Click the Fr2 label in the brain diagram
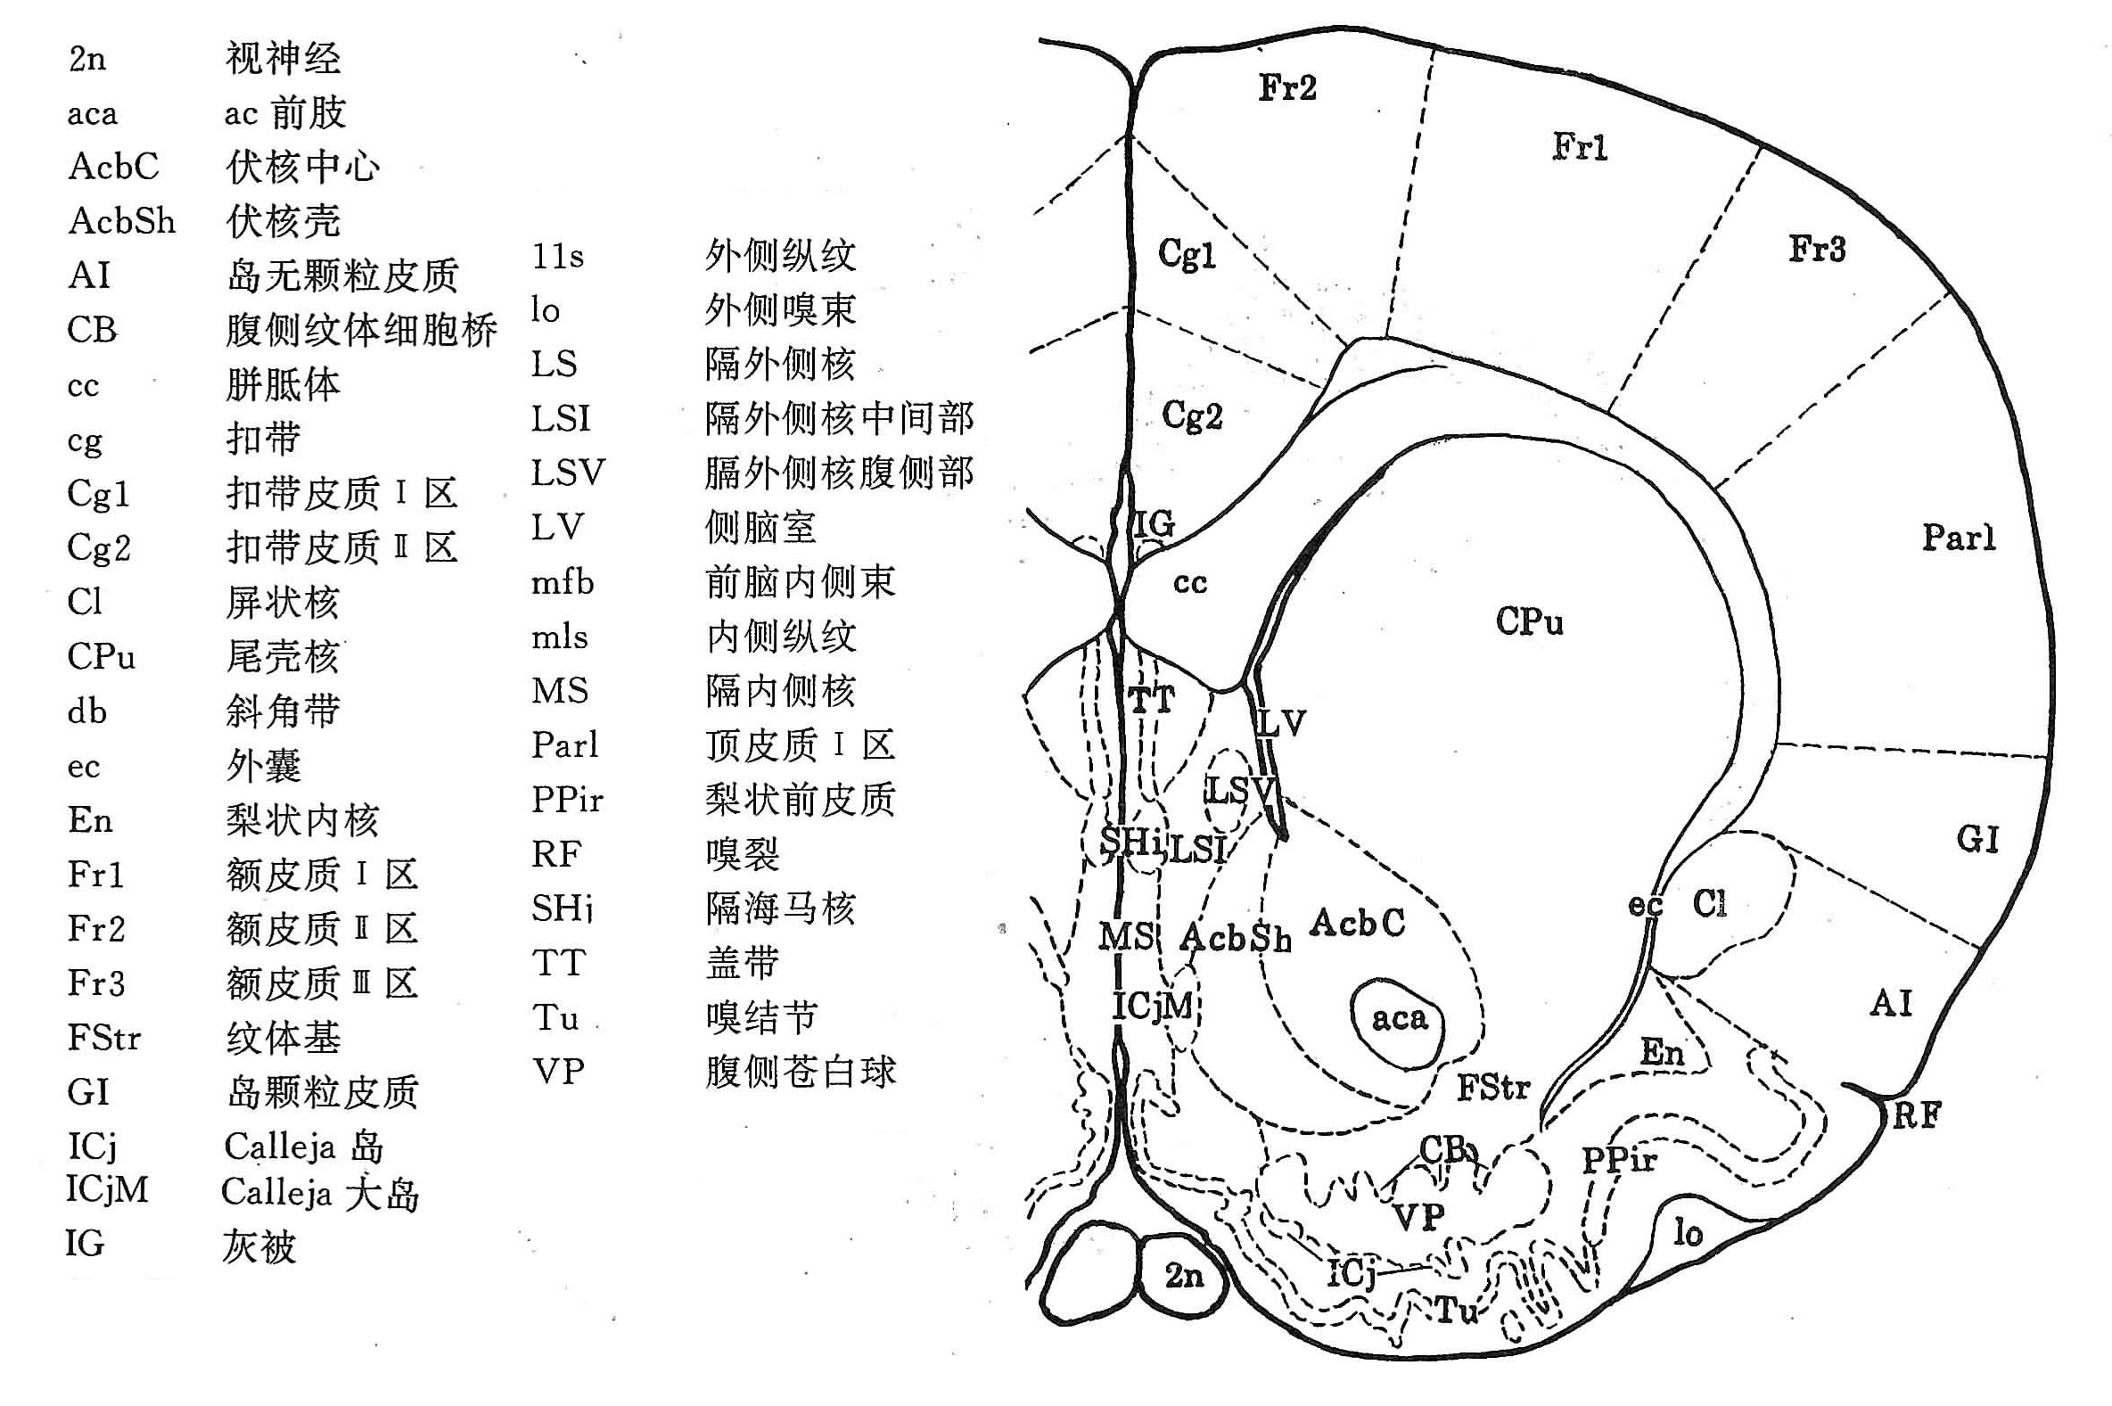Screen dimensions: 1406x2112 coord(1287,88)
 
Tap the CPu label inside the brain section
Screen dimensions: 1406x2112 coord(1529,621)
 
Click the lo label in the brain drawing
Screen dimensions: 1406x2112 coord(1688,1233)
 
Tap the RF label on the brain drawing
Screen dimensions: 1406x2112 coord(1916,1115)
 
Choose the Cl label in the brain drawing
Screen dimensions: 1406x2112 coord(1710,903)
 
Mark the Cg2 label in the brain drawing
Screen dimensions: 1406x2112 coord(1191,416)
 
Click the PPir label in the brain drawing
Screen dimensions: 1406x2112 coord(1619,1160)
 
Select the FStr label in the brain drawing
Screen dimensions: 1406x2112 coord(1493,1088)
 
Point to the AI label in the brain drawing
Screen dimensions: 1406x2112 coord(1892,1003)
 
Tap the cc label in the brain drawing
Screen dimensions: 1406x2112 coord(1189,583)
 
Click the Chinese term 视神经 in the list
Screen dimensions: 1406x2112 coord(283,59)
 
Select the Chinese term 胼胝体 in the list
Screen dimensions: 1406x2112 coord(283,384)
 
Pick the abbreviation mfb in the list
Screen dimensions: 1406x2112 coord(562,583)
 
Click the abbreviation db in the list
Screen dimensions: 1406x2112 coord(87,711)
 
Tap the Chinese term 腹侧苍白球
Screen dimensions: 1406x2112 coord(800,1072)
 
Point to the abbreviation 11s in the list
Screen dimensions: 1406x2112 coord(557,257)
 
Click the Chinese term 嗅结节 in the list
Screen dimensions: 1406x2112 coord(761,1018)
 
